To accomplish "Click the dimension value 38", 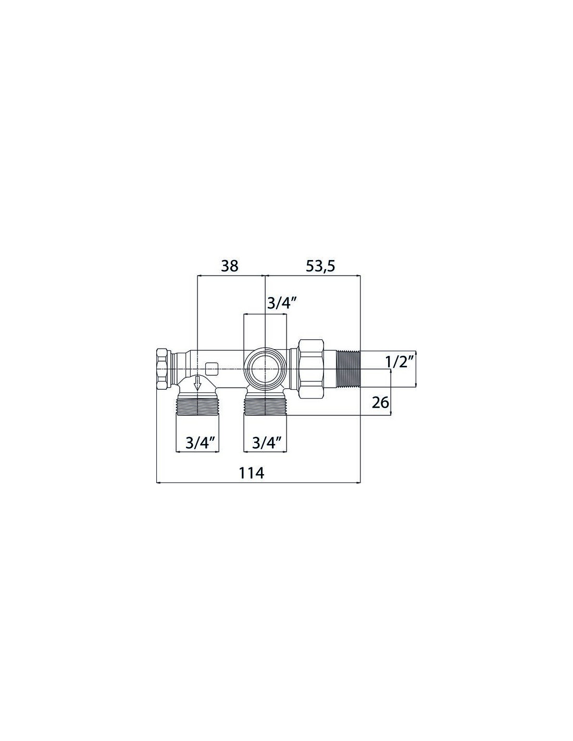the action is click(x=230, y=266).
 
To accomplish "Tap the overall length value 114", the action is click(x=252, y=473).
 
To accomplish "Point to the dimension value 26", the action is click(x=380, y=403).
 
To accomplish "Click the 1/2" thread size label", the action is click(x=400, y=362).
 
